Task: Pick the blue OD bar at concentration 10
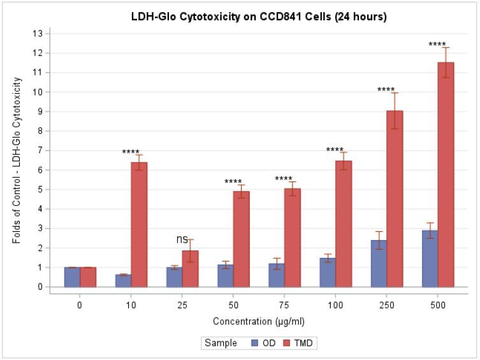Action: tap(123, 280)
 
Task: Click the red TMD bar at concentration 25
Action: tap(190, 268)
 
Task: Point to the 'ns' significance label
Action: tap(182, 240)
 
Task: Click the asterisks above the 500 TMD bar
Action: tap(437, 45)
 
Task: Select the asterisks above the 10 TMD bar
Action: tap(131, 152)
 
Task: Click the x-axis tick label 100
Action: tap(335, 305)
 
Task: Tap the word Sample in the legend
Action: tap(220, 343)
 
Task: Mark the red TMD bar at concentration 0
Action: tap(88, 277)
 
